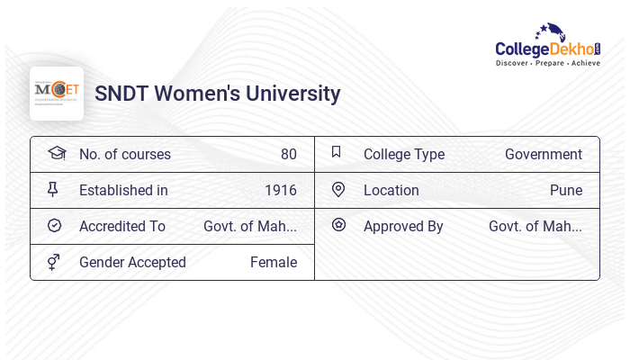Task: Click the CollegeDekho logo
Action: pos(547,45)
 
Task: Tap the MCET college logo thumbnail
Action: pos(57,93)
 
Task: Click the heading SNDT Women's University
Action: pos(218,94)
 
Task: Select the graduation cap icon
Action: pos(56,153)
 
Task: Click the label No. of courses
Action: pos(125,154)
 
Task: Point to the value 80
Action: pos(289,154)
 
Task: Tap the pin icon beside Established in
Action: pos(53,189)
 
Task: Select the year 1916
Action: pos(281,190)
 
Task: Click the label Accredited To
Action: pos(122,226)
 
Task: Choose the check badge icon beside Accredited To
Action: pos(54,225)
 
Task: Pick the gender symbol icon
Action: pos(54,262)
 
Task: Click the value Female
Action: pos(274,262)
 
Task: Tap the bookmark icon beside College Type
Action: pos(336,152)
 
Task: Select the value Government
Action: pos(544,154)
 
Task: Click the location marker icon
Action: pos(338,189)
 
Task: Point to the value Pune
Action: pos(566,190)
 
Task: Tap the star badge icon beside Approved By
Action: pos(338,225)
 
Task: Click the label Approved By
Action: pos(403,226)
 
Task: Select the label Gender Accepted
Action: pos(132,262)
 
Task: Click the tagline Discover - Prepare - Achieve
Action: pos(548,64)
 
